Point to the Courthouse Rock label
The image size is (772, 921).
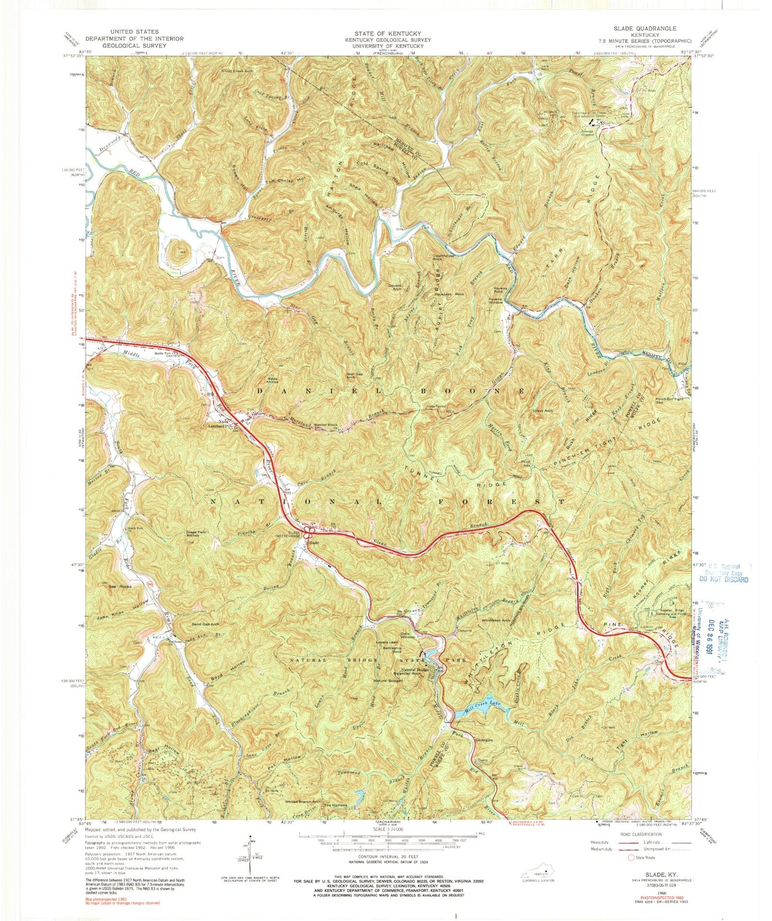pyautogui.click(x=443, y=257)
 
